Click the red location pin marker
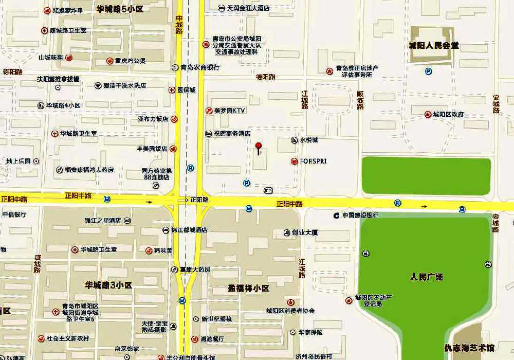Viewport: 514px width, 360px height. (x=259, y=148)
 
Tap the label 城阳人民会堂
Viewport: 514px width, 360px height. (x=434, y=46)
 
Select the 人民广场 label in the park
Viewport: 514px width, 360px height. (x=426, y=277)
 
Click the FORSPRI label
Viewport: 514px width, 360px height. (x=313, y=161)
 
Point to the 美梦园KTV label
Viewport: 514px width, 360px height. (x=230, y=111)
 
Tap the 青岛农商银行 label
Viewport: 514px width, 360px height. (x=200, y=67)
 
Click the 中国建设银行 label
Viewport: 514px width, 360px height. (x=360, y=215)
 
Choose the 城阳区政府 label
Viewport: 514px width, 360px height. (x=448, y=114)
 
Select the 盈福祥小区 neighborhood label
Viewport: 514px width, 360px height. (x=249, y=289)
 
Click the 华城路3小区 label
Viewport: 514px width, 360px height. (x=109, y=285)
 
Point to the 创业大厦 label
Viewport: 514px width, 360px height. (x=305, y=232)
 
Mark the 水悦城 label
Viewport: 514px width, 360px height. (x=309, y=140)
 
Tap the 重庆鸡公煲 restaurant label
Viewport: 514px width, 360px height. (x=130, y=61)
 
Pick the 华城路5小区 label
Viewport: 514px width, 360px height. (x=120, y=9)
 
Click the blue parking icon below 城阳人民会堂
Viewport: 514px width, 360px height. (x=428, y=71)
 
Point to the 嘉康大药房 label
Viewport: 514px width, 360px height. (x=195, y=269)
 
